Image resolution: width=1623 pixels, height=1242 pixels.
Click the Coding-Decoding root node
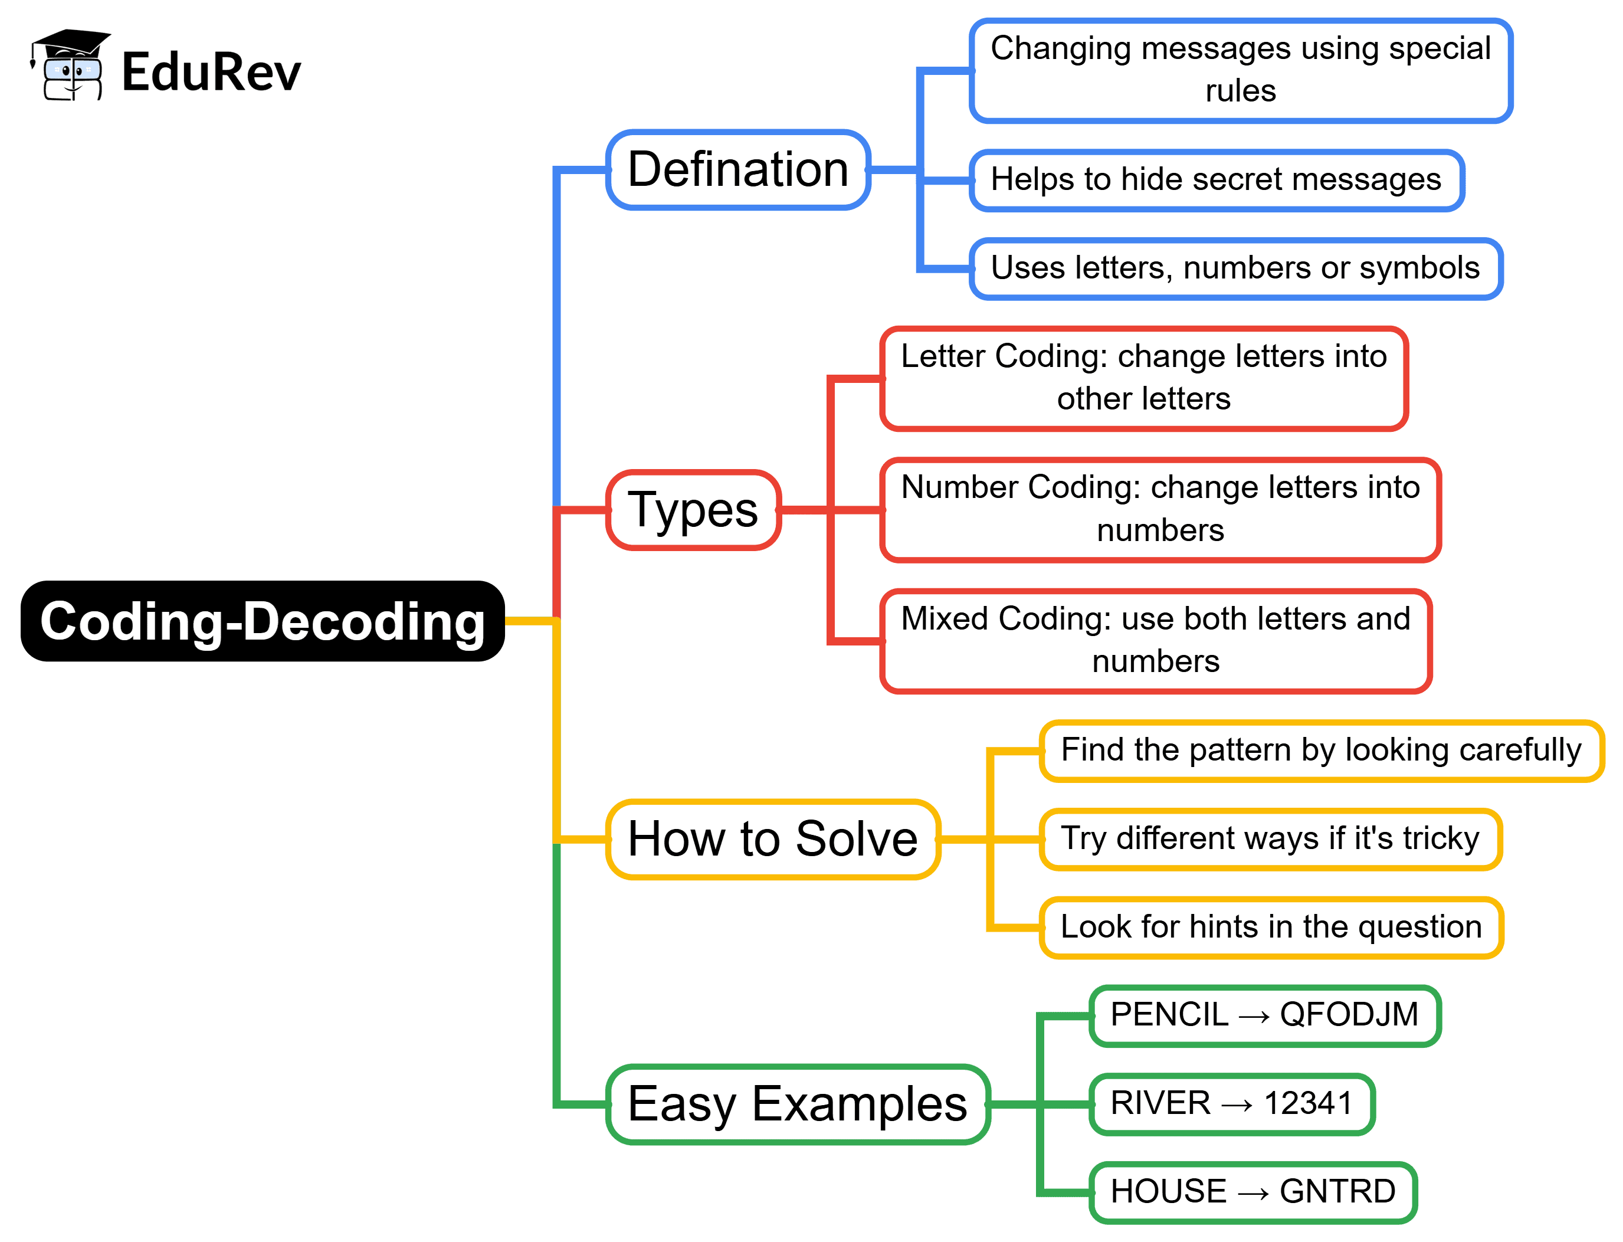[x=263, y=621]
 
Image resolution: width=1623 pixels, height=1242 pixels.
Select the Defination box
[x=737, y=169]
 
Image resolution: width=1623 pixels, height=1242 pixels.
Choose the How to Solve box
[x=772, y=838]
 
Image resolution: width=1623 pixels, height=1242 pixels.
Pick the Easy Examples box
[x=796, y=1104]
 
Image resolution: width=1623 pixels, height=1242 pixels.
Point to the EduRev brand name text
[x=211, y=72]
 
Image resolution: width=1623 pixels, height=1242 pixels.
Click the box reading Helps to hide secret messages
[x=1216, y=179]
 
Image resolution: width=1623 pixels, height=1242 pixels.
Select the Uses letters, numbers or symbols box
[x=1235, y=268]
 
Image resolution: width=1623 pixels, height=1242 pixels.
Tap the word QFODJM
[x=1348, y=1014]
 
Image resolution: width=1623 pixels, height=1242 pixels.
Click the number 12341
[x=1307, y=1103]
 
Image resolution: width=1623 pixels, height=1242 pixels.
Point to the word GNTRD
[x=1337, y=1191]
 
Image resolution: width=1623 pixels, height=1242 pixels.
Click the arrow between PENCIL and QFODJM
[x=1254, y=1017]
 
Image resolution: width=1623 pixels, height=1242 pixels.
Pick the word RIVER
[x=1160, y=1103]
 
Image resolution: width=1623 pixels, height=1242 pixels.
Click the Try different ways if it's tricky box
[x=1270, y=838]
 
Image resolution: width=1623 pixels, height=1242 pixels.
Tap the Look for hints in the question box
[x=1270, y=926]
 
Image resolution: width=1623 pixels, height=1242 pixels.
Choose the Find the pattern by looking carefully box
[x=1321, y=750]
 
